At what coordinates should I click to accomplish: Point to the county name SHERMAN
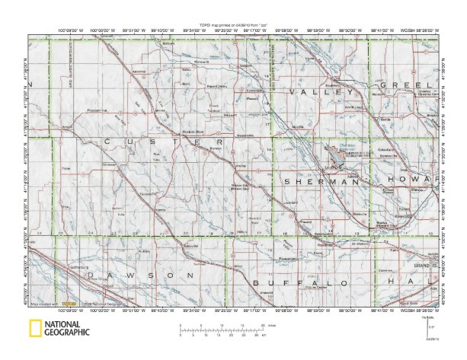pos(319,183)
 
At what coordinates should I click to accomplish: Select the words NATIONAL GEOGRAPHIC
pos(67,330)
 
